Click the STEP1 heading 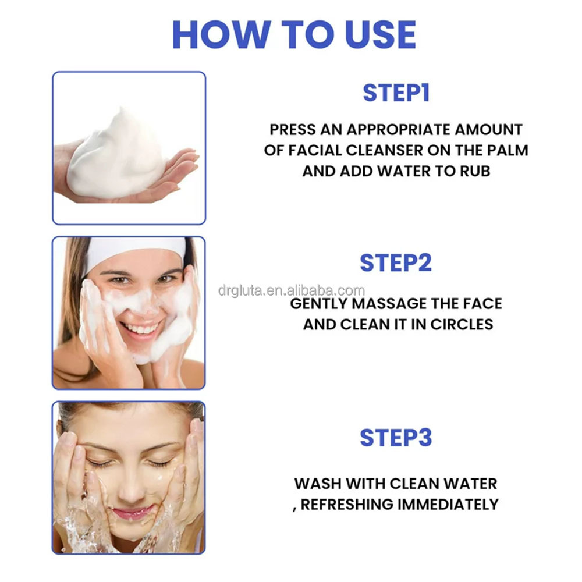coord(396,93)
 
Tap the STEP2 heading coord(396,263)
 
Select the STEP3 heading coord(396,438)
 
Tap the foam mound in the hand coord(119,148)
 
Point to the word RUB coord(475,171)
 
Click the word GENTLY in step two coord(320,304)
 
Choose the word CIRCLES coord(462,325)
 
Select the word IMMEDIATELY coord(448,504)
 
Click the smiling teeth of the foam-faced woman coord(140,329)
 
